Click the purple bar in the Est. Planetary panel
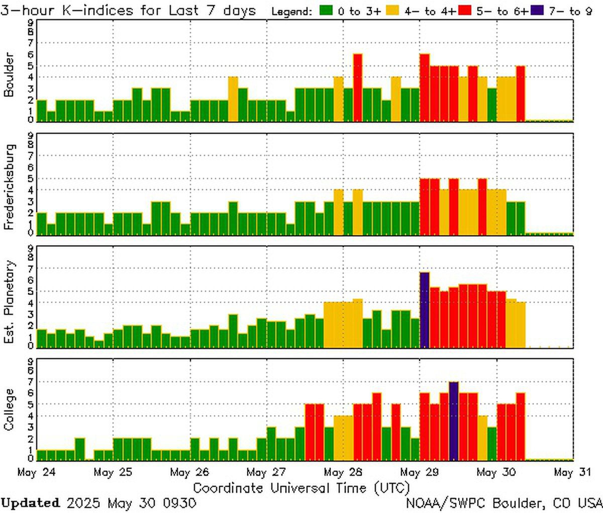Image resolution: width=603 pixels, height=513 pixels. [425, 309]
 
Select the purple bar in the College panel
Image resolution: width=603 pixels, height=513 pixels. [454, 421]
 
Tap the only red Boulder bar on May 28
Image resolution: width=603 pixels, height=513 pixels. [358, 88]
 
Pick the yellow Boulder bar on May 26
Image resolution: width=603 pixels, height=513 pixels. [233, 99]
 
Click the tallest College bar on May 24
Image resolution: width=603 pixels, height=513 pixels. [80, 449]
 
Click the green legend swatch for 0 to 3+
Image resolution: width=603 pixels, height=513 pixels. [327, 11]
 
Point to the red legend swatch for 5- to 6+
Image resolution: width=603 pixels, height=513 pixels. [465, 11]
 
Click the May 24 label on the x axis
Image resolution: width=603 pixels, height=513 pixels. [36, 472]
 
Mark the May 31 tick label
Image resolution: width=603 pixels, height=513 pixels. [571, 472]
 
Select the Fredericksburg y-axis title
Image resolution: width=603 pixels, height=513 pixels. [9, 187]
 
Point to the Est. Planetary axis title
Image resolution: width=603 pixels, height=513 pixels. [9, 302]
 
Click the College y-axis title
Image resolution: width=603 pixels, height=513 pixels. [9, 409]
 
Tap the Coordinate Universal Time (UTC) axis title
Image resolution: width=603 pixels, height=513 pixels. [301, 487]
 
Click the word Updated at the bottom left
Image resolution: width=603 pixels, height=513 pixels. [30, 502]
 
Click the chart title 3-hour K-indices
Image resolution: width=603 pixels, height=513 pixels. [128, 11]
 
